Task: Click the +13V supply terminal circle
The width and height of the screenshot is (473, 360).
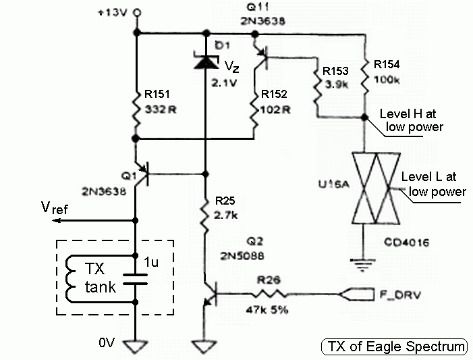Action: [138, 13]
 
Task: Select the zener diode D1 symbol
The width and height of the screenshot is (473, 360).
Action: [206, 60]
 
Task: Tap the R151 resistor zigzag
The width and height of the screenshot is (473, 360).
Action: [136, 109]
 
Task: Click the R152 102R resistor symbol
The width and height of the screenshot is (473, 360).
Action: [255, 109]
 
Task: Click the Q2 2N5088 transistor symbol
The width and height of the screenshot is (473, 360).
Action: [211, 294]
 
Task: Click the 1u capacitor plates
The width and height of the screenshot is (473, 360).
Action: [135, 280]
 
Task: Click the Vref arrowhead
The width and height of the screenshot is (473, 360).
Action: [57, 221]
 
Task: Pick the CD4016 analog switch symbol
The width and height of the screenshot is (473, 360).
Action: [376, 188]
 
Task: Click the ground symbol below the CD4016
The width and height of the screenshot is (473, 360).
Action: [363, 265]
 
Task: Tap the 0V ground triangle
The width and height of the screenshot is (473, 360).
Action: [136, 346]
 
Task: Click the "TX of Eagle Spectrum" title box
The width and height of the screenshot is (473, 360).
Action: [394, 346]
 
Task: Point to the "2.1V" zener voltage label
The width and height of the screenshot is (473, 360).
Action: [224, 83]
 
